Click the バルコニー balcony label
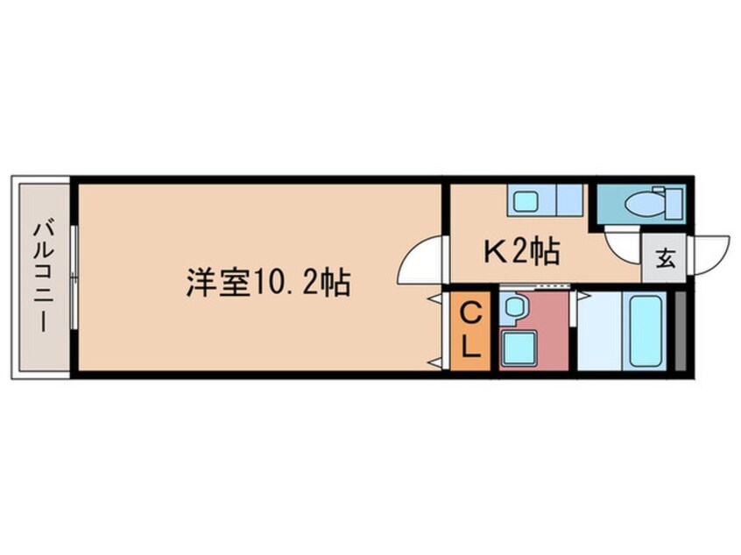44,276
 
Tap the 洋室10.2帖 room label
268,283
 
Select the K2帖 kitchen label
522,251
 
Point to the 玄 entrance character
666,258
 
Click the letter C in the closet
470,313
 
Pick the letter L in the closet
470,348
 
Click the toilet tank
674,204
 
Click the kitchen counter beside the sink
568,200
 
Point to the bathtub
645,331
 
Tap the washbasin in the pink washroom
513,307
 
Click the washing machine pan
519,348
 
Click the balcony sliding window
74,277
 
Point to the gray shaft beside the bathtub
680,331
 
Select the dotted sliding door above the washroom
534,287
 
